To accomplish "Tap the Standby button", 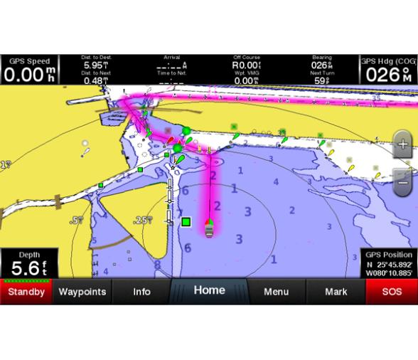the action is [x=26, y=292].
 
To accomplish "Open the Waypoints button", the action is [x=82, y=292].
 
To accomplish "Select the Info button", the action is [x=141, y=292].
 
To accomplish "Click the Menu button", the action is [x=276, y=292].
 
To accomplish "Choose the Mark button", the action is [x=336, y=292].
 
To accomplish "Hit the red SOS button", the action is [x=392, y=292].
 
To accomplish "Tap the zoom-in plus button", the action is [x=402, y=144].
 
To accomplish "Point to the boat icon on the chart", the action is [x=209, y=228].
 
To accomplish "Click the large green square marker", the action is [x=186, y=222].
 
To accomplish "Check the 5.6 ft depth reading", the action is [x=28, y=268].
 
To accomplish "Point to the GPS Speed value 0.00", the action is [x=28, y=74].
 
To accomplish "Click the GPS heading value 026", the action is [x=388, y=74].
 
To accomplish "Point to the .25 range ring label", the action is [x=144, y=221].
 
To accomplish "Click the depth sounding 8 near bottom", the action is [x=158, y=265].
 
